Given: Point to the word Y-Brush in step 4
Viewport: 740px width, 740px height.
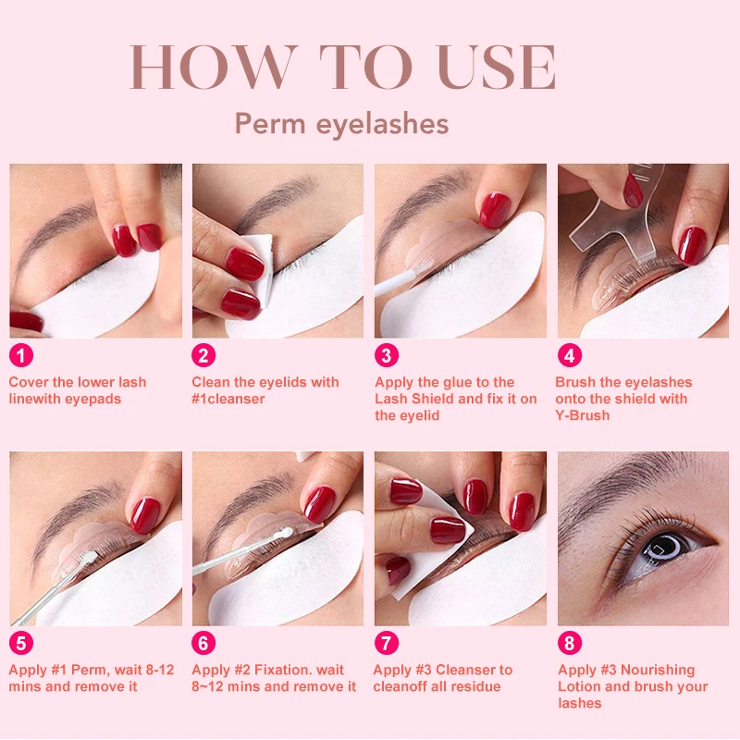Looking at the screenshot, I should tap(583, 415).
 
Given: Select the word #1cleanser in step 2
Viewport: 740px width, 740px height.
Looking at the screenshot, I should tap(228, 399).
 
